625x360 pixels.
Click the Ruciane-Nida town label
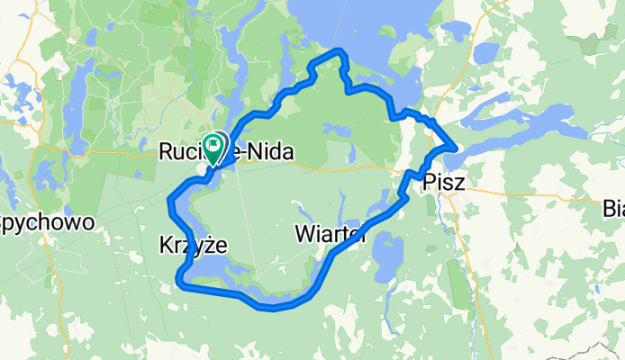pyautogui.click(x=225, y=153)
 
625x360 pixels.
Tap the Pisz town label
pyautogui.click(x=443, y=183)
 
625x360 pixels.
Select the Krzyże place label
pyautogui.click(x=193, y=245)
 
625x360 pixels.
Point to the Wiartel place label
pyautogui.click(x=330, y=236)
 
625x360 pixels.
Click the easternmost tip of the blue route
pyautogui.click(x=456, y=147)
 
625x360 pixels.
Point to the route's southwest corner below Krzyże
pyautogui.click(x=180, y=285)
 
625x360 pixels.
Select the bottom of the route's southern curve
pyautogui.click(x=270, y=307)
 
